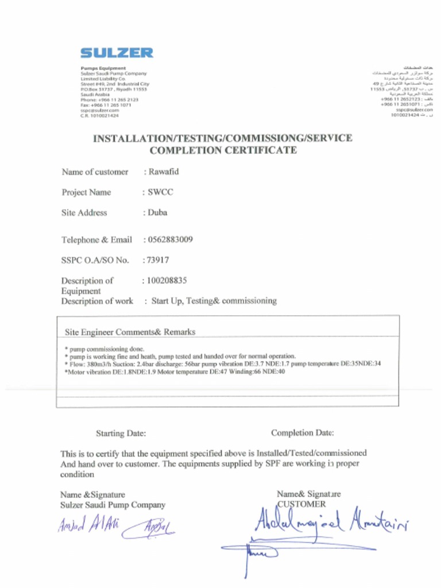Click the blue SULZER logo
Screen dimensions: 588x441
point(117,53)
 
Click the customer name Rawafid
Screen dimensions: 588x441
point(164,171)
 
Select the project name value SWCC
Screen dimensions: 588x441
point(160,192)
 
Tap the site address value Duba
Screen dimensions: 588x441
point(157,212)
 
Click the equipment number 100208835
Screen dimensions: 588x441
point(167,281)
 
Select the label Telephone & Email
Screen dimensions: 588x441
point(96,239)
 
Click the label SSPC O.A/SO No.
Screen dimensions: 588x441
point(95,260)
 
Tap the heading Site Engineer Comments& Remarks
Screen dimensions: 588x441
point(130,332)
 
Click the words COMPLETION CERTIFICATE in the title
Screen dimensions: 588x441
point(223,150)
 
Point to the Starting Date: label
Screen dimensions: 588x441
point(121,433)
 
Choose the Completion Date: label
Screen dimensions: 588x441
point(302,432)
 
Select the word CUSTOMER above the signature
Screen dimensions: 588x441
point(301,504)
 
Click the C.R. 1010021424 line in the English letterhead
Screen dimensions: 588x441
point(100,115)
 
